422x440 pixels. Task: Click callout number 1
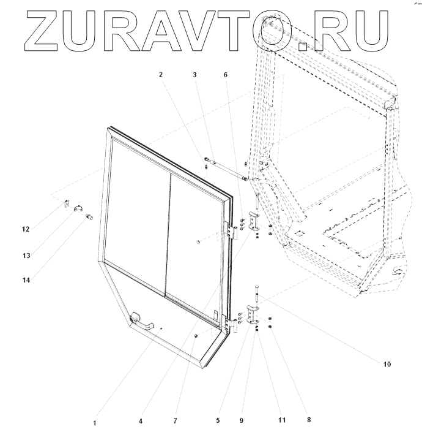pos(95,423)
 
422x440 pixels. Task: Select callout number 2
pos(161,75)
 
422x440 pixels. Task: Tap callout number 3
pos(194,75)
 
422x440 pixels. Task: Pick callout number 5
pos(217,421)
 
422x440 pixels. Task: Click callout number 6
pos(226,75)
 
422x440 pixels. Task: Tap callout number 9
pos(241,421)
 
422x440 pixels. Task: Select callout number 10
pos(387,364)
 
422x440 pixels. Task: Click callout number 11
pos(281,421)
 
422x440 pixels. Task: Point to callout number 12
pos(26,230)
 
